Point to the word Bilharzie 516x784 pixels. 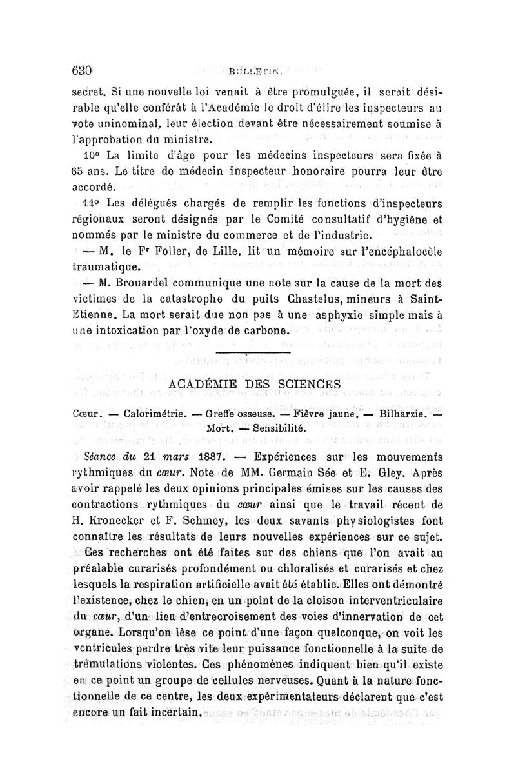coord(405,412)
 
